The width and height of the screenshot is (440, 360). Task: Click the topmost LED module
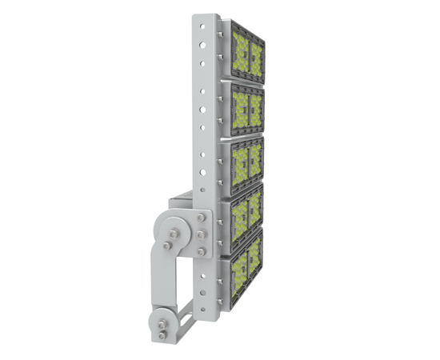tap(247, 50)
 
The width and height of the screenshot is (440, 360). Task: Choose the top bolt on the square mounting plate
tap(200, 224)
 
